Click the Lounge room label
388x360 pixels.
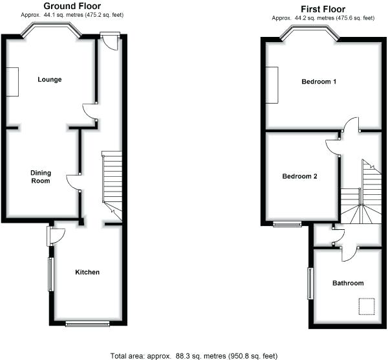tap(50, 80)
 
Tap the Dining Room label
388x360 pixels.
tap(41, 176)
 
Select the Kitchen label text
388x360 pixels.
tap(87, 272)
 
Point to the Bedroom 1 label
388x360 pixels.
tap(319, 82)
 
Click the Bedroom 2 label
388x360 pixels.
tap(299, 176)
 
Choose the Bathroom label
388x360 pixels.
tap(348, 283)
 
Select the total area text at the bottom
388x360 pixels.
tap(194, 355)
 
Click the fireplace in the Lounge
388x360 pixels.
tap(13, 82)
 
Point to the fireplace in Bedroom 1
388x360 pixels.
tap(274, 84)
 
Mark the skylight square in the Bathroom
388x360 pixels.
tap(367, 304)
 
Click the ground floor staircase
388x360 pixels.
tap(112, 178)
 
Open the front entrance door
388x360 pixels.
tap(110, 41)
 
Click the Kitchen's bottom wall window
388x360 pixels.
tap(87, 322)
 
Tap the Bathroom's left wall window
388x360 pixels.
tap(310, 284)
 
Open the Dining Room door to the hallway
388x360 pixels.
tap(72, 181)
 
